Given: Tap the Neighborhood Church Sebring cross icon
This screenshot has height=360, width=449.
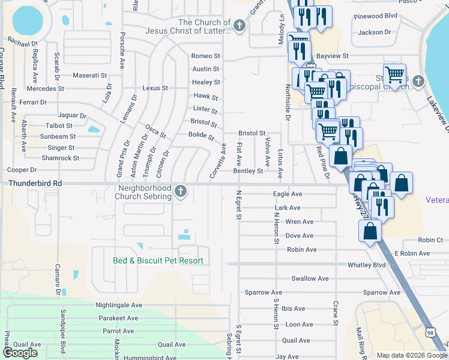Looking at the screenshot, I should tap(180, 192).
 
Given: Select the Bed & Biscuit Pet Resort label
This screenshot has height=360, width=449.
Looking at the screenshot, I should tap(158, 260).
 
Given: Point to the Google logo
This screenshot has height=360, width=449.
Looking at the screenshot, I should tap(20, 353).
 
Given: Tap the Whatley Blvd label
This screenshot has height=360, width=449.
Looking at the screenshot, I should tap(370, 265).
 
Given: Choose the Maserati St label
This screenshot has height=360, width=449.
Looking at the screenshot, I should tap(89, 76).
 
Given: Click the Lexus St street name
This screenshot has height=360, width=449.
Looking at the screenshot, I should tap(155, 88).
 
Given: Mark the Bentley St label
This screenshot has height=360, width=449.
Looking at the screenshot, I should tap(247, 171).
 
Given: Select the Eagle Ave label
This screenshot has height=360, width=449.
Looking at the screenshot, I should tap(288, 194).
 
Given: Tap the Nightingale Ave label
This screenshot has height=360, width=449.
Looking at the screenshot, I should tap(118, 305).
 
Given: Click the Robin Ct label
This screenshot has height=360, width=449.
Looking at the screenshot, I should tap(430, 240).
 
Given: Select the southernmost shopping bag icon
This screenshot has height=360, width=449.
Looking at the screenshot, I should tap(370, 230).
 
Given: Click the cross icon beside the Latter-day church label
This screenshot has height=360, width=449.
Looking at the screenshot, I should tap(240, 25).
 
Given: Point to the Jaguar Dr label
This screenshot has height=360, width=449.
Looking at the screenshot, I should tap(72, 115).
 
